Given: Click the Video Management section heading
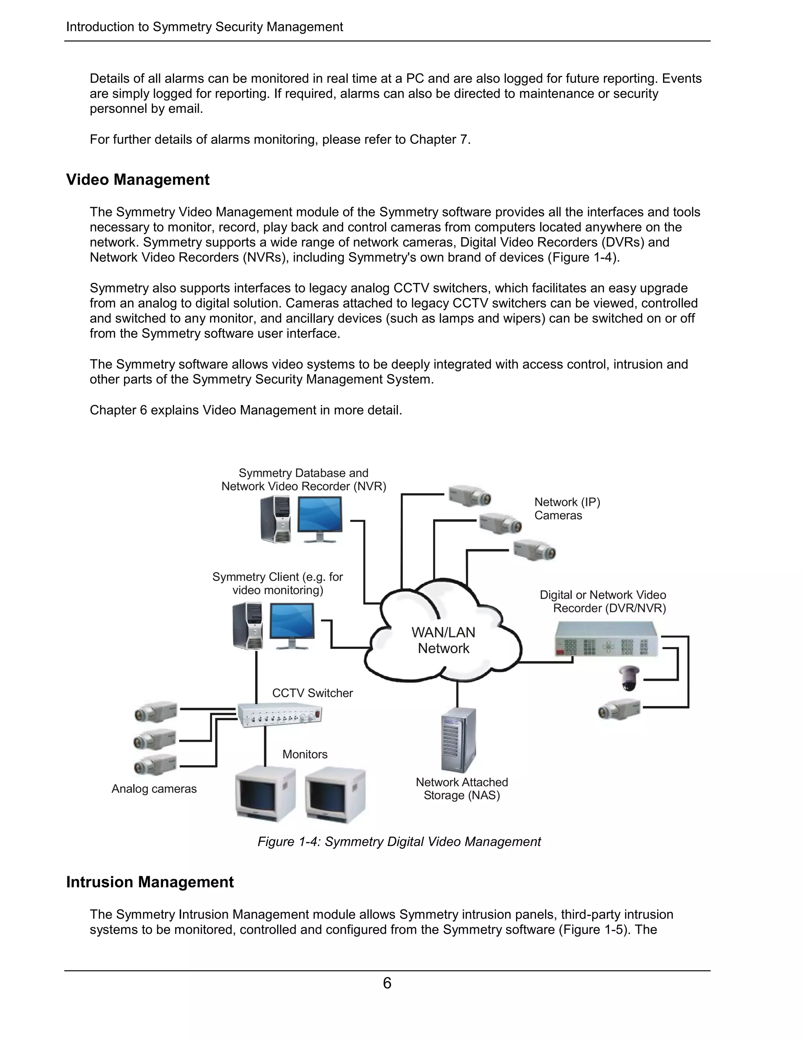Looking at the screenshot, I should tap(138, 180).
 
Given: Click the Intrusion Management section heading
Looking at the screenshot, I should tap(150, 882).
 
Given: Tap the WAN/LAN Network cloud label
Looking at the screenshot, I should tap(443, 640).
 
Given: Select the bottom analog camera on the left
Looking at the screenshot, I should tap(155, 765).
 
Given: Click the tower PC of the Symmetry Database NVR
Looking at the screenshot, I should tap(276, 519).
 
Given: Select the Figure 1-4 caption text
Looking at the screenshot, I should tap(399, 841).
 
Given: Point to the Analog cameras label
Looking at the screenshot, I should tap(154, 789).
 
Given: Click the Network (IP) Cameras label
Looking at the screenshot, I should tap(567, 509).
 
